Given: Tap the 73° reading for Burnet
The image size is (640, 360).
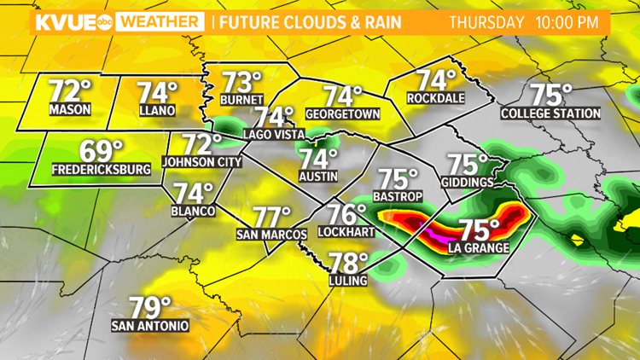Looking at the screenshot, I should (242, 84).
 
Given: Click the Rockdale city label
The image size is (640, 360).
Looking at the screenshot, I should (437, 98).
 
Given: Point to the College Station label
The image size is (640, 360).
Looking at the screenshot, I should (550, 113).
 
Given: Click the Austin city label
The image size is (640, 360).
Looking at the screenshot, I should (319, 177).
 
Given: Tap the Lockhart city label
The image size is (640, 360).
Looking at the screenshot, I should (341, 231).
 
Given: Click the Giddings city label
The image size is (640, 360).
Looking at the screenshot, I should (467, 183).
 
